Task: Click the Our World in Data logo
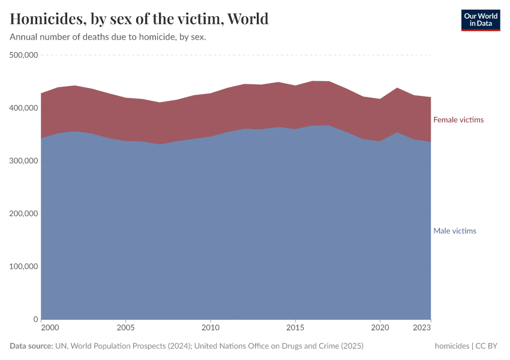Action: click(x=480, y=20)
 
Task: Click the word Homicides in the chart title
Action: click(x=46, y=19)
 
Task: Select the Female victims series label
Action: click(x=458, y=120)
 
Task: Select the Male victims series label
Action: click(x=455, y=231)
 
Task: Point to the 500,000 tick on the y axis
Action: click(x=24, y=55)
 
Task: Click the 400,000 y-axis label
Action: click(x=24, y=108)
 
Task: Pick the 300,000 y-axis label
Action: click(x=24, y=161)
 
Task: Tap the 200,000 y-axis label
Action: click(x=24, y=214)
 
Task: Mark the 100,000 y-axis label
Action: click(x=24, y=266)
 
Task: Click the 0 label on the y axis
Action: click(x=36, y=319)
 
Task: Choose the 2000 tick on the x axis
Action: click(x=50, y=328)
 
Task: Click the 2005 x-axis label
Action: click(x=125, y=328)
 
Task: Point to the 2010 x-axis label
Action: click(x=210, y=328)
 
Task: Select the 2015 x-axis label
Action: click(x=295, y=328)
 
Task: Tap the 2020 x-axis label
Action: click(x=379, y=328)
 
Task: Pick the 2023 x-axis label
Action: click(x=422, y=328)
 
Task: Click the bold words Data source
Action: click(x=31, y=346)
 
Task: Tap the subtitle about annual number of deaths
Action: click(x=108, y=37)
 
